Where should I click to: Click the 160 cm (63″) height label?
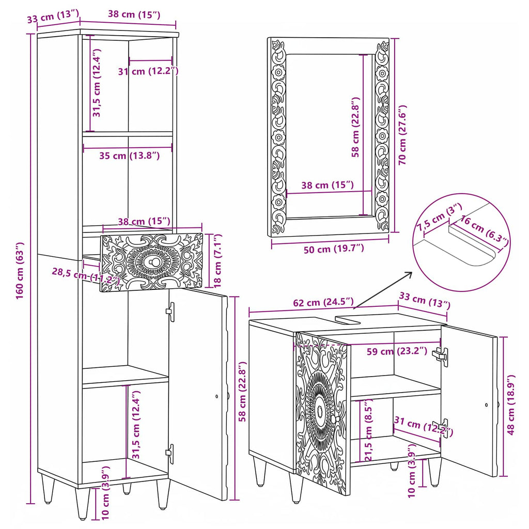[x=20, y=270]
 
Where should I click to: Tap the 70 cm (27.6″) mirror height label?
[x=402, y=135]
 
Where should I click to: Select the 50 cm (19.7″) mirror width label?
[x=334, y=249]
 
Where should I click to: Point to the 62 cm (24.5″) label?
[x=323, y=302]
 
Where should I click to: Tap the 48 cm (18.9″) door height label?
[x=510, y=404]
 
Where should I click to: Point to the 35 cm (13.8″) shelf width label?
[x=129, y=156]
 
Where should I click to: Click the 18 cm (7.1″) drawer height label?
[x=218, y=260]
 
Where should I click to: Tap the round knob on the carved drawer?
[x=154, y=261]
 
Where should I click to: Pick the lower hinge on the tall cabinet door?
[x=170, y=454]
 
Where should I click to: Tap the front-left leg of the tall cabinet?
[x=82, y=503]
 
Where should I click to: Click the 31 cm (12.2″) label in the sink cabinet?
[x=423, y=426]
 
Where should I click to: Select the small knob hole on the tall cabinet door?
[x=216, y=396]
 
